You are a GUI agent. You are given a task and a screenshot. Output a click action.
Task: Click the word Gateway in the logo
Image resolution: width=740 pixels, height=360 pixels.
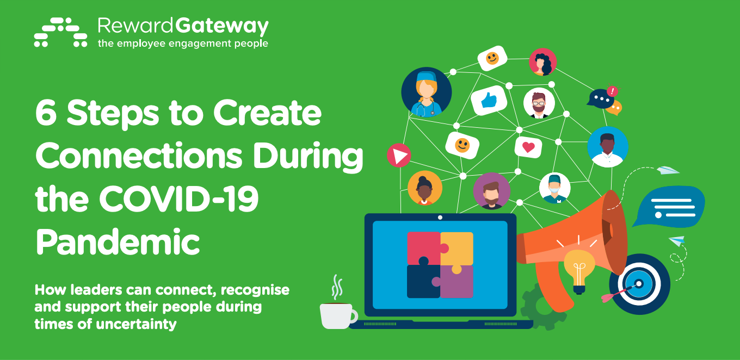[x=221, y=27]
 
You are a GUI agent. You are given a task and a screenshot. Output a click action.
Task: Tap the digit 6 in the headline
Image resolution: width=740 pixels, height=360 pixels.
[x=46, y=113]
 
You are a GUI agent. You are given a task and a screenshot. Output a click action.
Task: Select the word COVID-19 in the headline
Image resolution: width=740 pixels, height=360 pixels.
[x=178, y=199]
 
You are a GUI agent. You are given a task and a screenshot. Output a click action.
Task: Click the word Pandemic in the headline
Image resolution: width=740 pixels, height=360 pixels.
[x=118, y=242]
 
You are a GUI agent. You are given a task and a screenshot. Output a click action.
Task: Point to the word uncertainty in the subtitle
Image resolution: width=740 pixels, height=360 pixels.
[x=136, y=324]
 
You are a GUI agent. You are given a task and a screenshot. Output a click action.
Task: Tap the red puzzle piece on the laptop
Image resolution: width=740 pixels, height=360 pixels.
[x=426, y=249]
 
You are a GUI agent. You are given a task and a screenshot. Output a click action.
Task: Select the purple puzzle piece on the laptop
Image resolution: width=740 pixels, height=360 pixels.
[x=456, y=281]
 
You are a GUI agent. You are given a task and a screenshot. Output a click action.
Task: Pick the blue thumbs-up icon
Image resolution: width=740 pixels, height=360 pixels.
[x=489, y=100]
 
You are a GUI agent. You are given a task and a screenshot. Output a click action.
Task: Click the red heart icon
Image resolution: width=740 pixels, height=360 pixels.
[x=528, y=147]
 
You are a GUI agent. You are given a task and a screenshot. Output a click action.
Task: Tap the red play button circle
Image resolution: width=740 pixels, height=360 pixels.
[x=399, y=155]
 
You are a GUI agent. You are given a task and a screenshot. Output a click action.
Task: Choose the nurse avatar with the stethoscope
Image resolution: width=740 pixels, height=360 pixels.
[x=427, y=92]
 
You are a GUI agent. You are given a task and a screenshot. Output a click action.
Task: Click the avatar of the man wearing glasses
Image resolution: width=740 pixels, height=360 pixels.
[x=539, y=103]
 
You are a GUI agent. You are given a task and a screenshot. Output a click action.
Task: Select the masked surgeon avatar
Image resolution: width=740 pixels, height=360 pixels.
[x=554, y=188]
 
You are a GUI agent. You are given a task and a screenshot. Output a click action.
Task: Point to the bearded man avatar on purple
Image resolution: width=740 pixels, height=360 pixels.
[x=491, y=191]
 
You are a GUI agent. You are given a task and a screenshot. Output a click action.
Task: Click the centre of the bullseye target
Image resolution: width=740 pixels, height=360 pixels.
[x=639, y=284]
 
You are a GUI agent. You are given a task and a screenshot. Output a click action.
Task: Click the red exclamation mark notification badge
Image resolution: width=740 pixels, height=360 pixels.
[x=613, y=91]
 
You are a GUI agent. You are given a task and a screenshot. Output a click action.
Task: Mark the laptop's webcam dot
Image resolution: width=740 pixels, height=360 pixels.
[x=440, y=218]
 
